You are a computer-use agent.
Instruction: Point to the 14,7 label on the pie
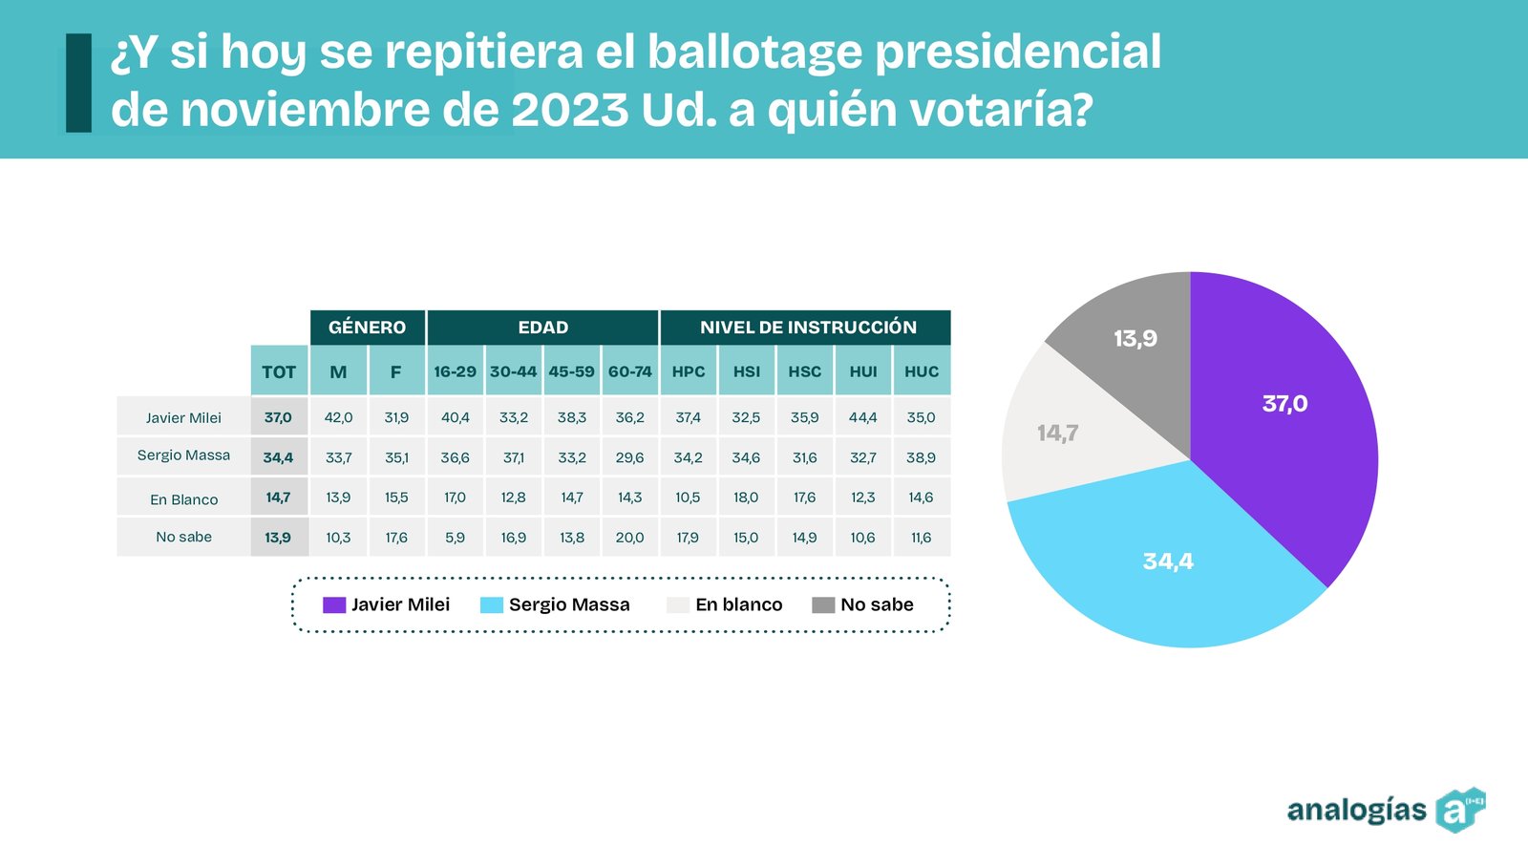[1057, 434]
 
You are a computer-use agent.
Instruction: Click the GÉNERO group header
[367, 328]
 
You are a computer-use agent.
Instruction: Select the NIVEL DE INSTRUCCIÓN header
[807, 328]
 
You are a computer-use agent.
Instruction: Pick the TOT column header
[279, 371]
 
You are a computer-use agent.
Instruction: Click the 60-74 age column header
[630, 371]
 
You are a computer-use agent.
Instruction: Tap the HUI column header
[863, 371]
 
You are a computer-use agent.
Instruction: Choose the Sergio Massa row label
[183, 455]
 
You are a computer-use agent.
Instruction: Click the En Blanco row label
[183, 499]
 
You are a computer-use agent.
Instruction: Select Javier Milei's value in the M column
[338, 417]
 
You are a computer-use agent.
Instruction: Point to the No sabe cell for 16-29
[455, 538]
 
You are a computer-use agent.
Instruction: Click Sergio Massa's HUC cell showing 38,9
[921, 457]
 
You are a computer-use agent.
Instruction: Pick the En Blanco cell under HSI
[746, 498]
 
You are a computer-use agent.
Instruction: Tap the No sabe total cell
[278, 538]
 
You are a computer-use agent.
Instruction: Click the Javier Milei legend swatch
[334, 604]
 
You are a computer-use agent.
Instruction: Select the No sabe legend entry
[863, 604]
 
